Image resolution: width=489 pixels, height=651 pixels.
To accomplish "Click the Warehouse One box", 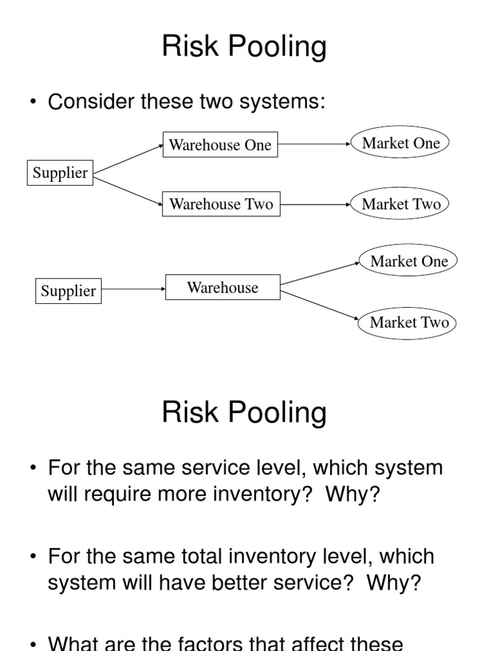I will click(220, 145).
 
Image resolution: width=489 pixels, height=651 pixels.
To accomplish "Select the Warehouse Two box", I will click(221, 204).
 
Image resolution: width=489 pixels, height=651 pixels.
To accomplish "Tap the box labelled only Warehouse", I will click(222, 287).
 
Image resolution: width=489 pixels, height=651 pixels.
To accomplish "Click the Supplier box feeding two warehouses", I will click(60, 173).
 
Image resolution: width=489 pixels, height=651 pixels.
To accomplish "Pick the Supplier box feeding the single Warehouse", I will click(68, 291).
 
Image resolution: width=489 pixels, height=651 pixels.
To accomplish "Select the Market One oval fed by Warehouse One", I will click(400, 143).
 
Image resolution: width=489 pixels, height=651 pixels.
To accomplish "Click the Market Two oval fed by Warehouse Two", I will click(400, 204).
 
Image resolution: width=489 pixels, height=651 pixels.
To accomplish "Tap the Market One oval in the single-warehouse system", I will click(409, 261).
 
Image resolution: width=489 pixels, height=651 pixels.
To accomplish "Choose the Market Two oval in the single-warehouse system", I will click(409, 322).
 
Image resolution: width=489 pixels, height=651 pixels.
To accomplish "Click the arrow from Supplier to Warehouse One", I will click(127, 158).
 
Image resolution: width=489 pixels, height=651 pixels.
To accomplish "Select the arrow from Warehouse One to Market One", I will click(315, 144).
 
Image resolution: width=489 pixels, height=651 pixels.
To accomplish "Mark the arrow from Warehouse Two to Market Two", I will click(316, 204).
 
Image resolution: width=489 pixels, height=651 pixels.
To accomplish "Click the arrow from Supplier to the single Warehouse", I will click(133, 289).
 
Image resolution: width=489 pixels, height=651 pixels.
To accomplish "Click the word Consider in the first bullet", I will click(89, 102).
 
